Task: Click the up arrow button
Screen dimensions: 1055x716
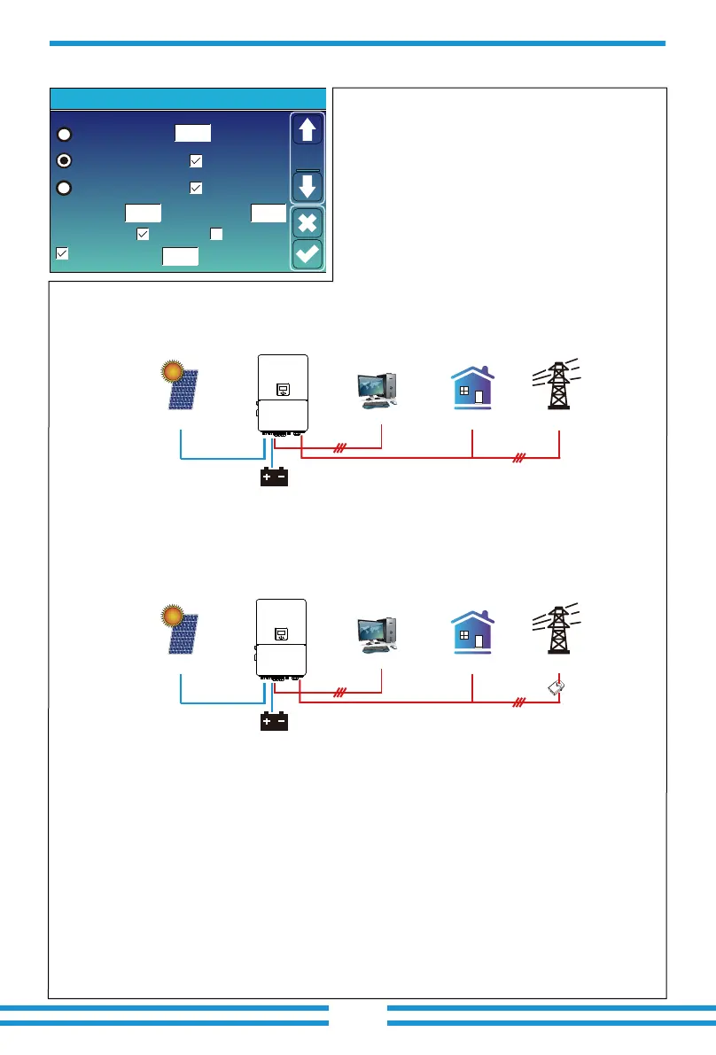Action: [307, 131]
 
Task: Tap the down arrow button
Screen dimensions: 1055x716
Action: [307, 187]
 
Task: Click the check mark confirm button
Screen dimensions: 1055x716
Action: [307, 254]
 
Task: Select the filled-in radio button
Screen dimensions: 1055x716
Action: [64, 160]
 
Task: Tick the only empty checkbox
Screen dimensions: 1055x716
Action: [215, 234]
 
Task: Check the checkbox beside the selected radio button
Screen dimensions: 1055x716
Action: [196, 161]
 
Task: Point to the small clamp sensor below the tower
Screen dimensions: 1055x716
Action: [556, 687]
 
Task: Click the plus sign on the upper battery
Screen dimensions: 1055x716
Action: [265, 477]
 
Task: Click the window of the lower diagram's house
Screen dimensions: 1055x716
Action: [464, 636]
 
